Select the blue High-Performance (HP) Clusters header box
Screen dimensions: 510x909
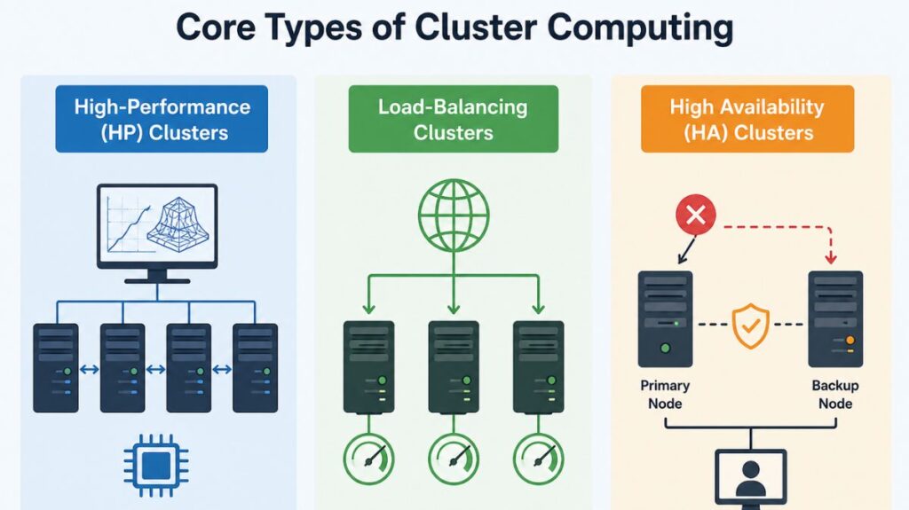point(162,120)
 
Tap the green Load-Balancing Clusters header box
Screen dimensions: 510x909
point(453,120)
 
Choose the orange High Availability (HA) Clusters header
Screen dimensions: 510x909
point(747,120)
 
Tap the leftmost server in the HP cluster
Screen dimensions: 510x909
point(56,367)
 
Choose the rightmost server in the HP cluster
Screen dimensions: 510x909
point(255,367)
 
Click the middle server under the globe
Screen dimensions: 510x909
point(453,367)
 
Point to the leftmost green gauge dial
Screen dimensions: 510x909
point(368,459)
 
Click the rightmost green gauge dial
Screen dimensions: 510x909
point(538,459)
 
